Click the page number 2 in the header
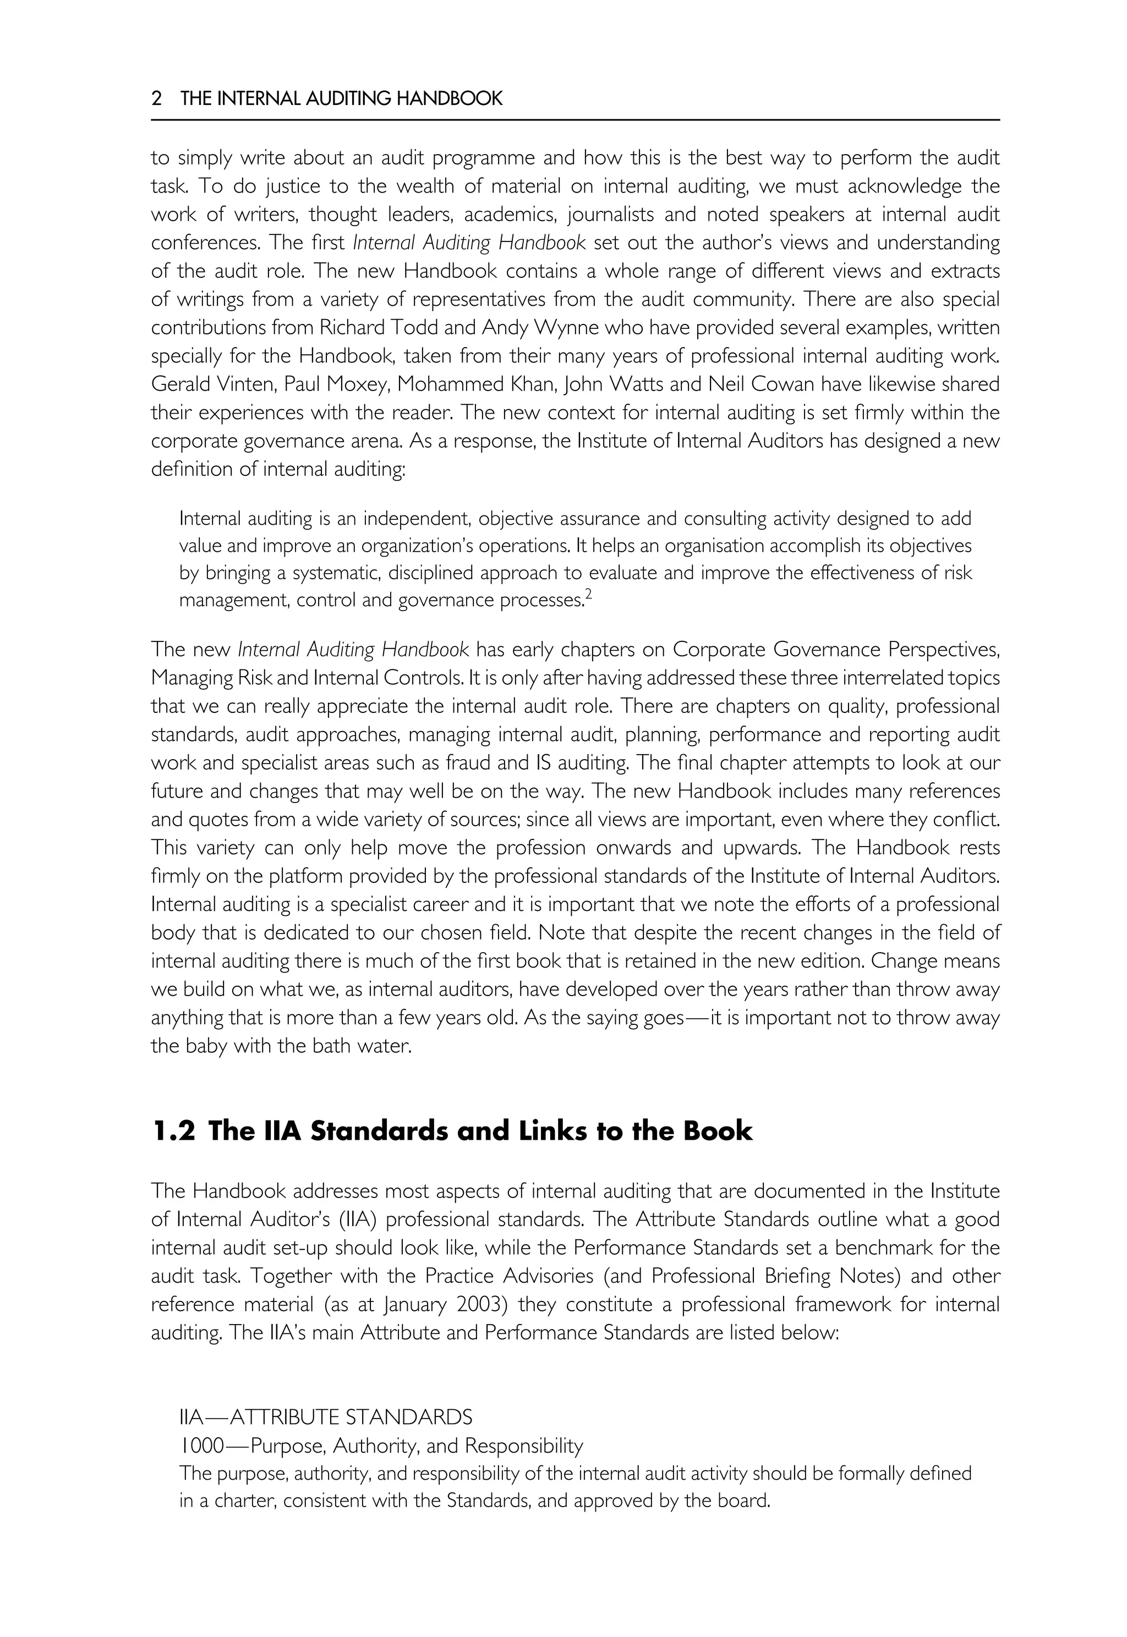point(157,99)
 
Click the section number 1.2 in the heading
point(172,1131)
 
